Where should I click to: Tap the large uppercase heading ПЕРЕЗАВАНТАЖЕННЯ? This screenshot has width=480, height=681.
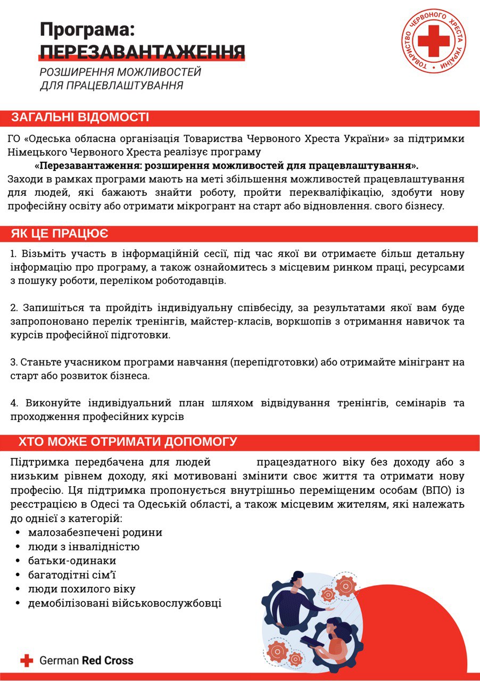coord(142,52)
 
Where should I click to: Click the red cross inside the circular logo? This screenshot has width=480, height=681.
coord(433,40)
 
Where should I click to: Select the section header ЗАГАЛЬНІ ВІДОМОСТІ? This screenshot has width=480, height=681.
coord(80,118)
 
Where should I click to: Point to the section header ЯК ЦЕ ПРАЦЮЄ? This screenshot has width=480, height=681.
coord(60,233)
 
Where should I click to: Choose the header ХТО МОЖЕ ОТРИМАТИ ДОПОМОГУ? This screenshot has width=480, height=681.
coord(128,442)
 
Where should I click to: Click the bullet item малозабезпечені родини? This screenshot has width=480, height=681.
coord(95,532)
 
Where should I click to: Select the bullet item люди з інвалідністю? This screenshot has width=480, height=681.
coord(84,546)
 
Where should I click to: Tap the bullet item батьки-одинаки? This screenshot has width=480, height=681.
coord(72,561)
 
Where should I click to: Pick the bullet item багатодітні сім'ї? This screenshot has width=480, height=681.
coord(72,575)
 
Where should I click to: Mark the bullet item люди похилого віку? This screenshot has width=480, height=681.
coord(82,589)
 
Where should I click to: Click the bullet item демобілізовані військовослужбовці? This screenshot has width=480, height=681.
coord(125,603)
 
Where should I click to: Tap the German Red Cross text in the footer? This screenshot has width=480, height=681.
coord(86,661)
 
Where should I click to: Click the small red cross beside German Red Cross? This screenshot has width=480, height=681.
coord(27,661)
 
